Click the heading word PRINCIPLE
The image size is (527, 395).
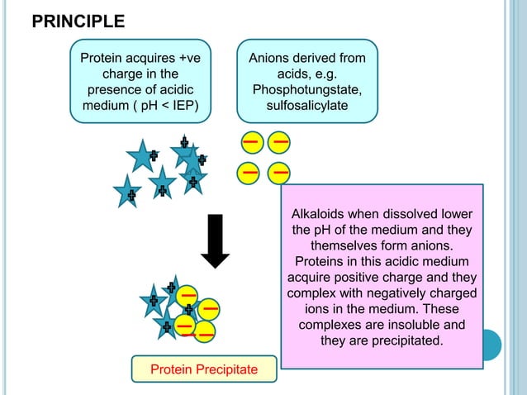point(78,21)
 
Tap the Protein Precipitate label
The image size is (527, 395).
point(204,369)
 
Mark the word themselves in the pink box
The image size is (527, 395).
point(346,246)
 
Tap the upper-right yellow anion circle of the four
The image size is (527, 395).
point(280,142)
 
